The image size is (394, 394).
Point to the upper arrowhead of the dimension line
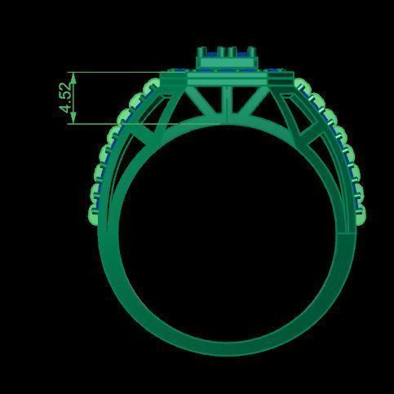tap(74, 76)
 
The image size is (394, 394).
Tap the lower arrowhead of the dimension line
tap(74, 120)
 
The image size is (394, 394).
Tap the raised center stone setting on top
tap(228, 57)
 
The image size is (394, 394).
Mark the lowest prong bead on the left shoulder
tap(94, 214)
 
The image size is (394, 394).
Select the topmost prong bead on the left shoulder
tap(150, 84)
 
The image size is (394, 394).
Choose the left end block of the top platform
tap(172, 78)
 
